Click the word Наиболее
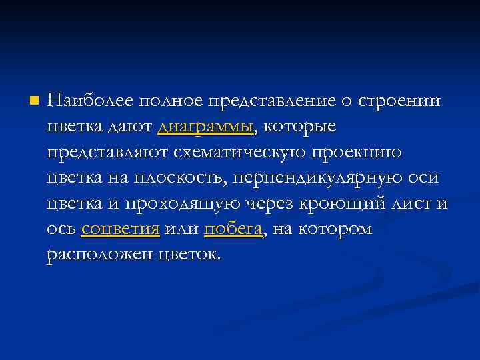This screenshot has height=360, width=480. click(90, 101)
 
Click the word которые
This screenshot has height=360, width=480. click(299, 127)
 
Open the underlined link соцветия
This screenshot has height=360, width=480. click(121, 229)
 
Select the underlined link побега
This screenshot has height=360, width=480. click(233, 230)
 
